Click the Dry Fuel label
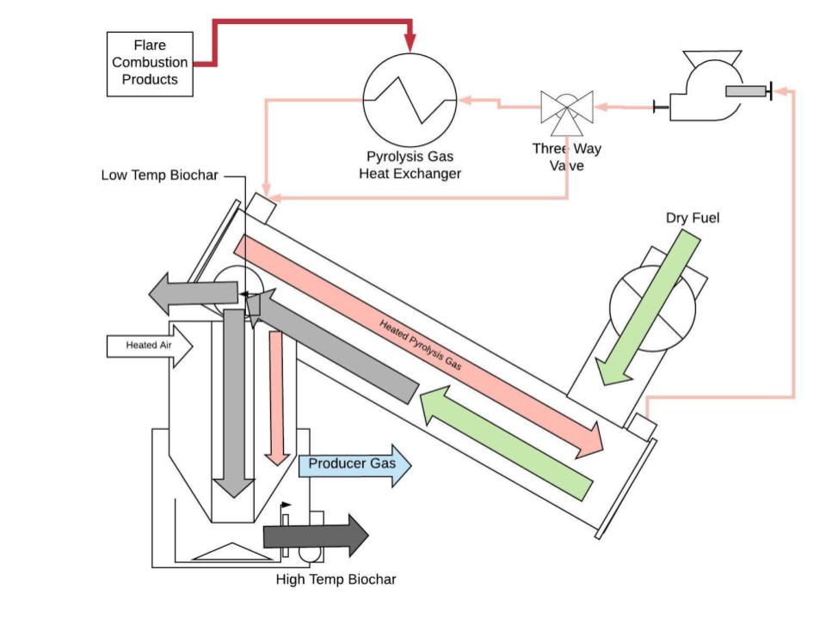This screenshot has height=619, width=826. pos(692,218)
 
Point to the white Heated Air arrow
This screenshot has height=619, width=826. pos(150,346)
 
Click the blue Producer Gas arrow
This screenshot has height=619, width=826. pos(354,465)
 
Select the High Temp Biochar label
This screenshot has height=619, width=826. pos(336,579)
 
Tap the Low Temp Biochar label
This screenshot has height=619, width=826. pos(159,175)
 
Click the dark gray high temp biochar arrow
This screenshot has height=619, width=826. pos(316,536)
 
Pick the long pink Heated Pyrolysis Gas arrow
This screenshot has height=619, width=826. pos(419,344)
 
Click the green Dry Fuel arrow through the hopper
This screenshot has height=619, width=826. pos(649,308)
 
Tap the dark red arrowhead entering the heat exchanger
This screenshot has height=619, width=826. pos(410,43)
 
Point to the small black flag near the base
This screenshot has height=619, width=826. pos(286,505)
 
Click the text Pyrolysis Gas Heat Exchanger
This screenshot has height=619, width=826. pos(410,165)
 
